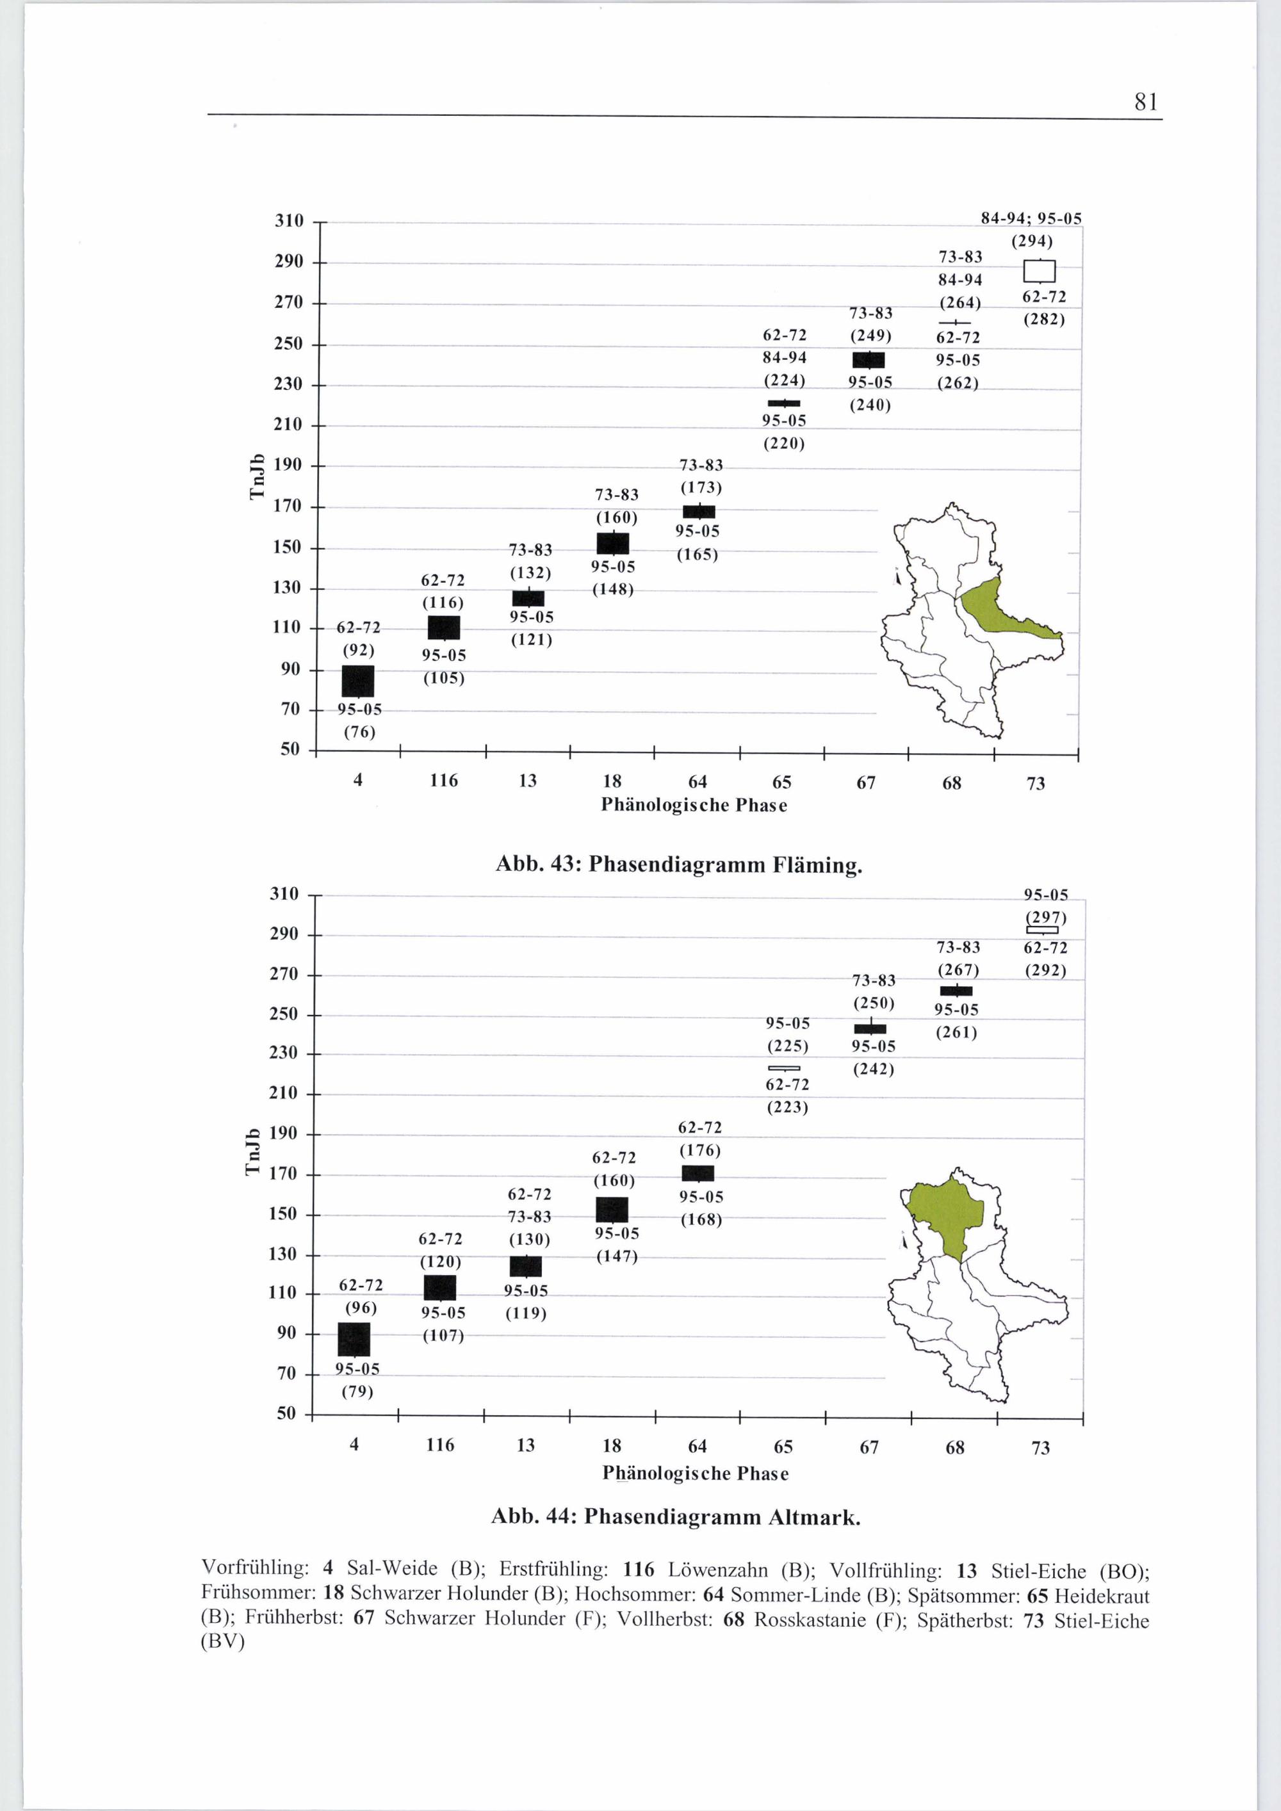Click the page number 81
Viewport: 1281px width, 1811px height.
click(1146, 102)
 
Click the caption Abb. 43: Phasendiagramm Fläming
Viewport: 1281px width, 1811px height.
click(678, 865)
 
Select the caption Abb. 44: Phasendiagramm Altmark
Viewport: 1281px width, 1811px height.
click(675, 1517)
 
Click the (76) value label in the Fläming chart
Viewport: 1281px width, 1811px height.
click(359, 732)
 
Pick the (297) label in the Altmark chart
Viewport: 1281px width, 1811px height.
click(1045, 917)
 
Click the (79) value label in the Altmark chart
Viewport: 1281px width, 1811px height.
click(357, 1392)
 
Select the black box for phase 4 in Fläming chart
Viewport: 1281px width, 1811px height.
click(358, 681)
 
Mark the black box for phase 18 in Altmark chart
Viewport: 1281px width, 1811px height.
click(612, 1209)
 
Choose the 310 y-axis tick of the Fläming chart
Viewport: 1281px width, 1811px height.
click(289, 220)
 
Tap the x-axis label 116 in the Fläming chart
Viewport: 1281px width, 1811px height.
click(444, 781)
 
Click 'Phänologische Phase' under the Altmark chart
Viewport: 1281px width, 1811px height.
click(695, 1473)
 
